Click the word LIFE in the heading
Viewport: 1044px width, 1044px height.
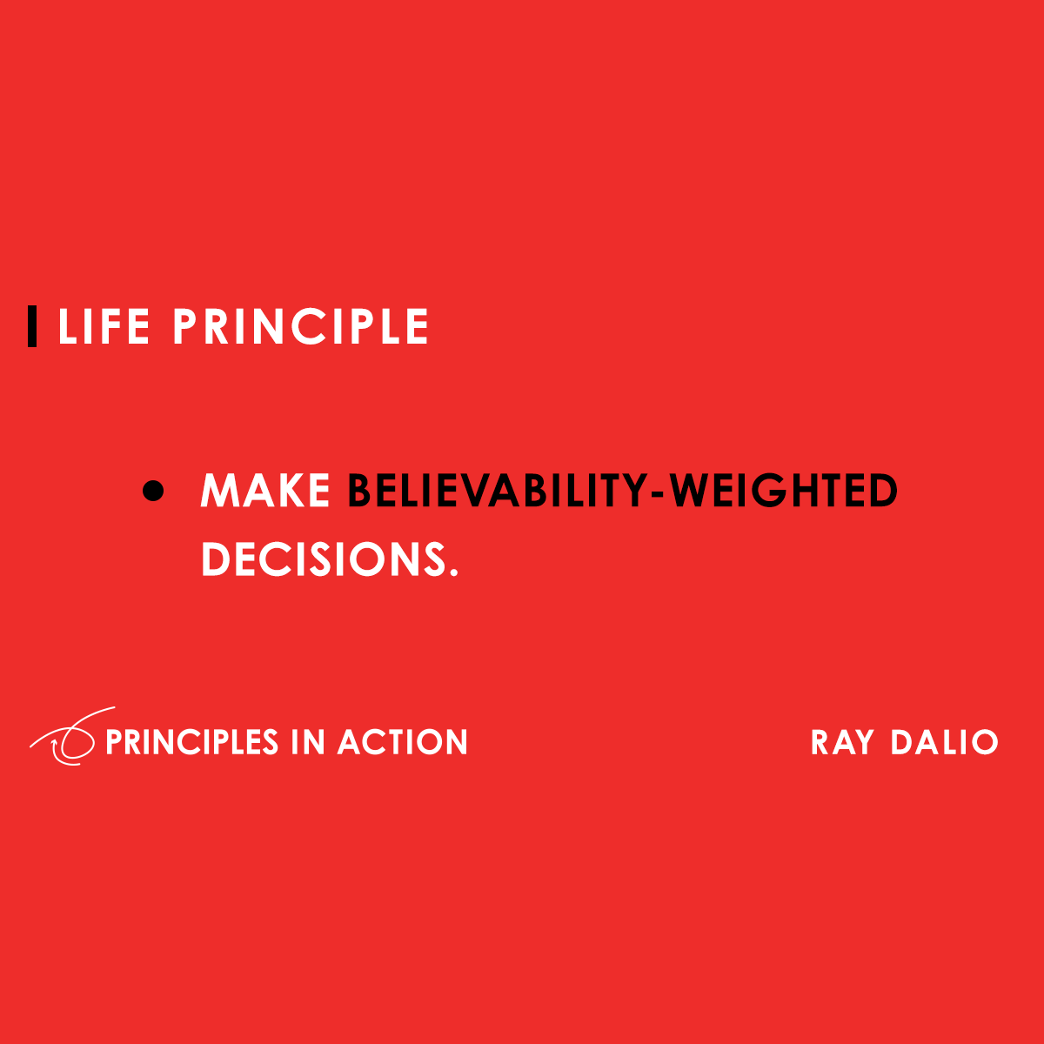(x=104, y=326)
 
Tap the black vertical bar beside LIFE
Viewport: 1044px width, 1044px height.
(x=32, y=326)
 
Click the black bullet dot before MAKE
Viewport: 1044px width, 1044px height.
(x=153, y=491)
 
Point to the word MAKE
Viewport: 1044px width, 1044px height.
(x=265, y=491)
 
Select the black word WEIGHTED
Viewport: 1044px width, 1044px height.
(x=783, y=491)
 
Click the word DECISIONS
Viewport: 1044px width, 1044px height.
(x=324, y=559)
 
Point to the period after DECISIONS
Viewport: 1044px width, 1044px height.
(x=454, y=572)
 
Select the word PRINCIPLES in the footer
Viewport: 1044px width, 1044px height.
(x=191, y=742)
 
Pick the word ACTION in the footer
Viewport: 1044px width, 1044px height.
(x=403, y=742)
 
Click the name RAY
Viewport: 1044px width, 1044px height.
(x=842, y=742)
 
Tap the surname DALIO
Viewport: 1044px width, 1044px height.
(x=944, y=742)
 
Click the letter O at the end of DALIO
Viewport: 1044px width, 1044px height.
(x=984, y=742)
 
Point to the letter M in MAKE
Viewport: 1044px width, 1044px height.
(x=218, y=491)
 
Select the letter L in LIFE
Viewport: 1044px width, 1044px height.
(x=67, y=326)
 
